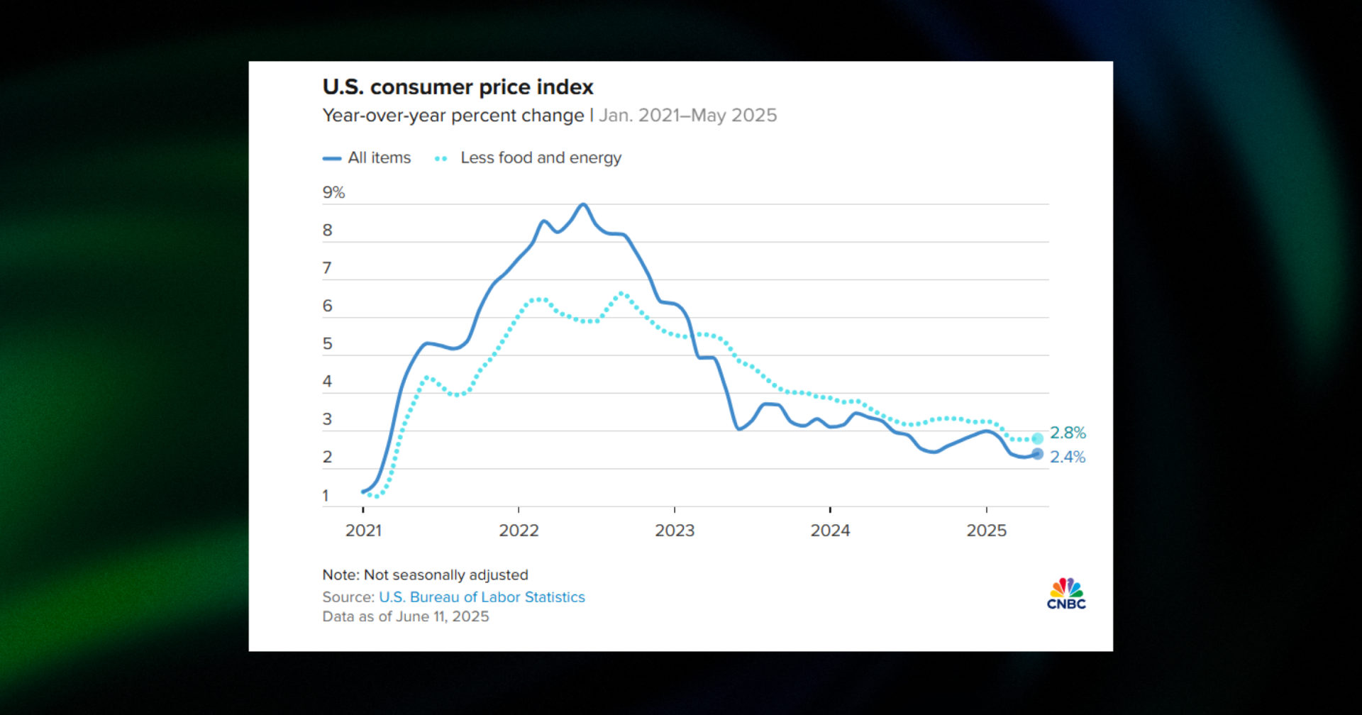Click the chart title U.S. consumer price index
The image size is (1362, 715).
tap(458, 87)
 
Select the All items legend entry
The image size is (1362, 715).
tap(367, 158)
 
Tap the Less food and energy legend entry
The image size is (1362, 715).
tap(528, 158)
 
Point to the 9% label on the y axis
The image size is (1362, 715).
tap(333, 192)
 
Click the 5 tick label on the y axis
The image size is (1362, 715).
tap(327, 344)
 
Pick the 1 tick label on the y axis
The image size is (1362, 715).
tap(326, 496)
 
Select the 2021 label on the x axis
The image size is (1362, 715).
tap(363, 531)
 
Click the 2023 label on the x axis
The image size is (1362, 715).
tap(675, 531)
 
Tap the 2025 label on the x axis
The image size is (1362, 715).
tap(986, 531)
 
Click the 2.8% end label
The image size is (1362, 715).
tap(1068, 433)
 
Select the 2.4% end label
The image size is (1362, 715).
tap(1068, 457)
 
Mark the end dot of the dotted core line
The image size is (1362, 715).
tap(1037, 438)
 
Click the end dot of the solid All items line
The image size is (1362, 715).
tap(1037, 454)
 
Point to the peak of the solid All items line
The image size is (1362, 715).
tap(583, 204)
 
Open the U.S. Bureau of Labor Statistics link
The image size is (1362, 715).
tap(482, 597)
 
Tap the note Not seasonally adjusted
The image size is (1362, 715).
tap(425, 575)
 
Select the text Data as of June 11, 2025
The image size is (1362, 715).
tap(406, 616)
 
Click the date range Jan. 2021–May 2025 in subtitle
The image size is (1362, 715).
tap(687, 116)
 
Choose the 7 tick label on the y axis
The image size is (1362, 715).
tap(327, 268)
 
